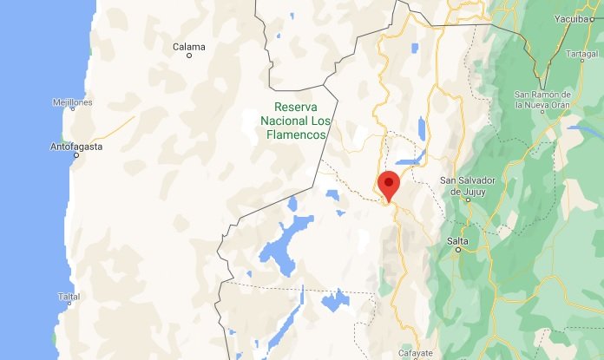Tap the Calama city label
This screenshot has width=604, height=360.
pyautogui.click(x=188, y=46)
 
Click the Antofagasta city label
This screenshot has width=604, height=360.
pyautogui.click(x=76, y=147)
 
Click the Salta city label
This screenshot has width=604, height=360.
pyautogui.click(x=457, y=240)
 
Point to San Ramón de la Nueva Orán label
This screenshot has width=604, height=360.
pyautogui.click(x=543, y=99)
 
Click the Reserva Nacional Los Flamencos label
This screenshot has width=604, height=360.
pyautogui.click(x=296, y=122)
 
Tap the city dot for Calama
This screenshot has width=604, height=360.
pyautogui.click(x=189, y=56)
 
